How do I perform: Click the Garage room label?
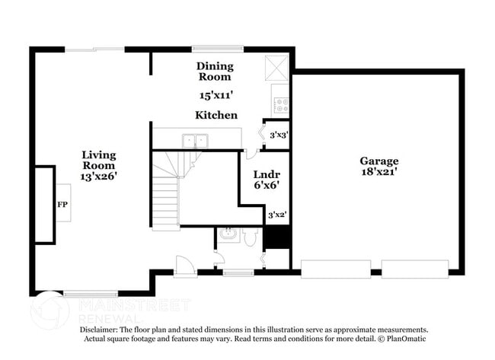coord(379,161)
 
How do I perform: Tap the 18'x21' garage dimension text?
coord(379,173)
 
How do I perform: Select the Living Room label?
coord(99,160)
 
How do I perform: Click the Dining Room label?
coord(215,72)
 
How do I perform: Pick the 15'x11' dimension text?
coord(216,96)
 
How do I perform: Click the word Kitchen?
coord(216,115)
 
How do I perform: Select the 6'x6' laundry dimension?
coord(265,184)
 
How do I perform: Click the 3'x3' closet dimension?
coord(279,135)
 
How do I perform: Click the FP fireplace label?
coord(62,205)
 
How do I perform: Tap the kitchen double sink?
coord(196,140)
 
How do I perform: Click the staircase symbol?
coord(166,190)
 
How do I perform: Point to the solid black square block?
coord(277,237)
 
